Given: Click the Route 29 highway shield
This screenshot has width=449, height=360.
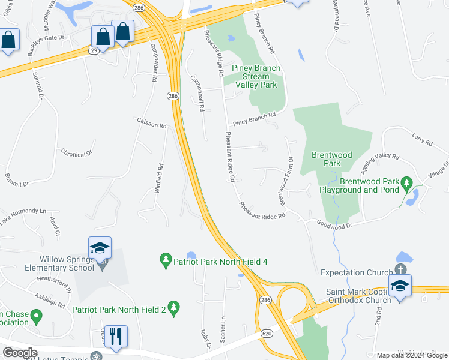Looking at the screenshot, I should [x=94, y=51].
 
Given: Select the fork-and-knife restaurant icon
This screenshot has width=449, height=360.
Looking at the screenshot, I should [x=115, y=336].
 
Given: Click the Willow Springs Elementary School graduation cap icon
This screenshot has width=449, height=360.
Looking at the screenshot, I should [x=100, y=248].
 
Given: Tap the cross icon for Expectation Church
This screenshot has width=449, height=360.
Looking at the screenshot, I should [x=400, y=269].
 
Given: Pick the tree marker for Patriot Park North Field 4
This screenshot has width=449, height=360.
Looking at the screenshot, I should [x=166, y=261].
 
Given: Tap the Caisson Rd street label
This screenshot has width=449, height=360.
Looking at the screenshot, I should [x=151, y=124].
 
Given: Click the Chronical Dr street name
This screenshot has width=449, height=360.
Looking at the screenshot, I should [x=76, y=152].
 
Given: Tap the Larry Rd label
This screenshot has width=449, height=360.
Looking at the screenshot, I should [x=422, y=140].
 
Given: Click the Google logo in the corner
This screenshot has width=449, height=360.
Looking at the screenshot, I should [x=20, y=353].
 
